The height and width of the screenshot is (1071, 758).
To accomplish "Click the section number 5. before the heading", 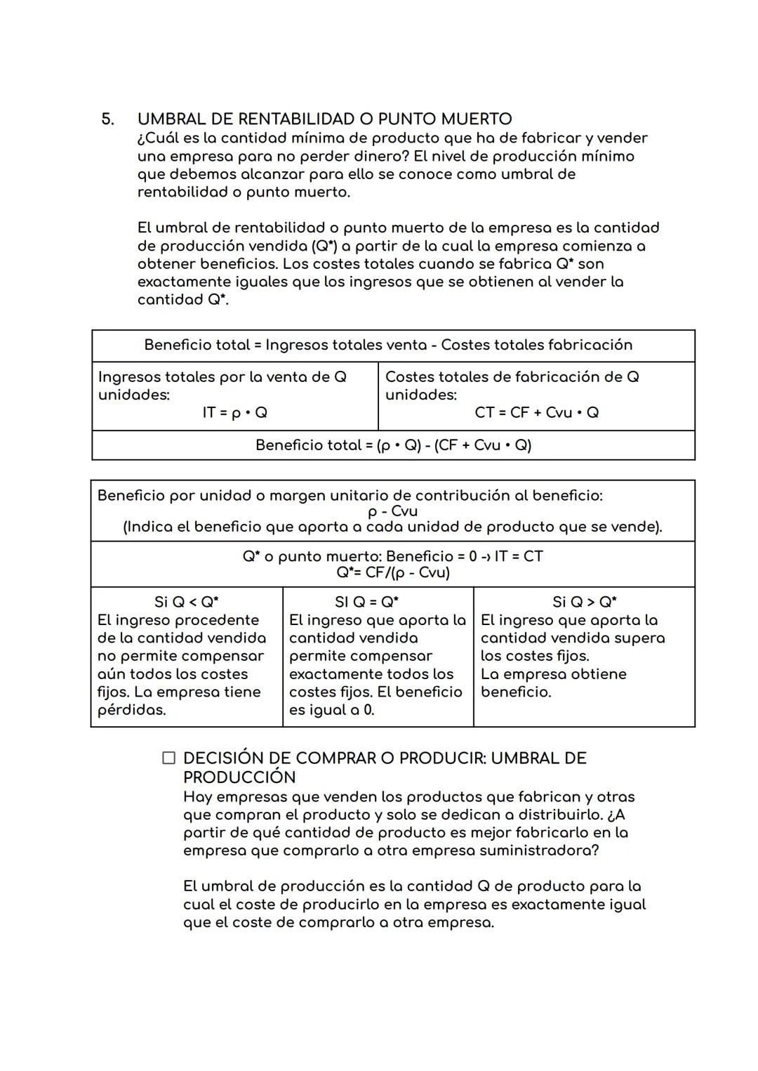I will pyautogui.click(x=107, y=119).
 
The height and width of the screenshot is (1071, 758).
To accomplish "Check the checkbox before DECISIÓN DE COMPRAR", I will pyautogui.click(x=168, y=758).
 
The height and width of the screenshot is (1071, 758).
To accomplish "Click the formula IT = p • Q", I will pyautogui.click(x=234, y=412).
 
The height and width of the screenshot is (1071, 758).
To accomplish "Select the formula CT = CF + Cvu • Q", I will pyautogui.click(x=536, y=412).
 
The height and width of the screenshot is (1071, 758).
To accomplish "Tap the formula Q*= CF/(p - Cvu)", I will pyautogui.click(x=393, y=572).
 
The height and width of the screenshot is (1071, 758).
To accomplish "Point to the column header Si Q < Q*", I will pyautogui.click(x=186, y=602).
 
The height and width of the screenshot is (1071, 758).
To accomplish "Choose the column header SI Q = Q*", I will pyautogui.click(x=366, y=602).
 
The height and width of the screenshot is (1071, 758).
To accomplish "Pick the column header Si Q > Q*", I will pyautogui.click(x=584, y=602).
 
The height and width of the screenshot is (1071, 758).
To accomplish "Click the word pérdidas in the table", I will pyautogui.click(x=131, y=710).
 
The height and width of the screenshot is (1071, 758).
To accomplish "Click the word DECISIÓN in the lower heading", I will pyautogui.click(x=222, y=758).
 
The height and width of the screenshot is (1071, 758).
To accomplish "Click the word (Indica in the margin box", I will pyautogui.click(x=146, y=527).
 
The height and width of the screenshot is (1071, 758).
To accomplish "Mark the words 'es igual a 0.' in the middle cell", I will pyautogui.click(x=331, y=710).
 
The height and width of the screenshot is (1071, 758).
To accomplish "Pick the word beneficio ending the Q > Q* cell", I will pyautogui.click(x=516, y=692).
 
